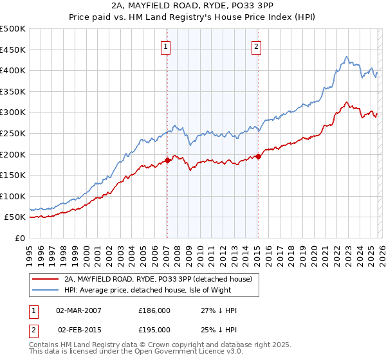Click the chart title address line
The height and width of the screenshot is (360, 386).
[x=193, y=6]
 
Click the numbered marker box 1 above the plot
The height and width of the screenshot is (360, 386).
[x=166, y=46]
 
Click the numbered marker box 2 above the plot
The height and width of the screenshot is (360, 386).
[x=256, y=46]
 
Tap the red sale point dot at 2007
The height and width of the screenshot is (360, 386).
[x=167, y=160]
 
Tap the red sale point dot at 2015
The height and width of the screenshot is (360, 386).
[x=257, y=156]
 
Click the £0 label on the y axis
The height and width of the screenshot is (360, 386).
[x=21, y=238]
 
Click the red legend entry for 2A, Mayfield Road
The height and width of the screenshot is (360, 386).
[x=161, y=280]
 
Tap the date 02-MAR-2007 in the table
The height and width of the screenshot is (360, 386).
[x=78, y=310]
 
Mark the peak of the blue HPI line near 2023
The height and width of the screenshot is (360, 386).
[x=346, y=57]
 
